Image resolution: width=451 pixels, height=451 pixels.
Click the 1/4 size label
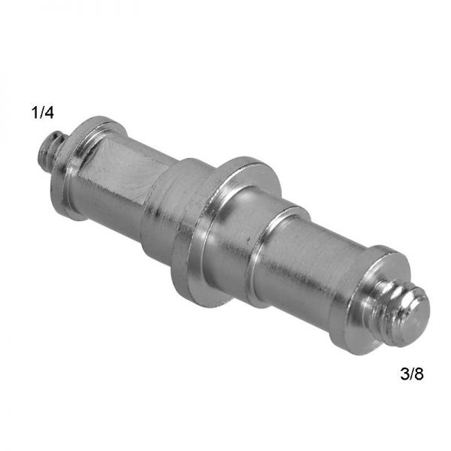click(x=43, y=113)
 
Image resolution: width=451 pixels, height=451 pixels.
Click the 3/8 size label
click(x=412, y=374)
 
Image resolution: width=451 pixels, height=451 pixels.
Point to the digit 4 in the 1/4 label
click(x=49, y=113)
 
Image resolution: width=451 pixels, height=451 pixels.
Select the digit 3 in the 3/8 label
click(x=404, y=374)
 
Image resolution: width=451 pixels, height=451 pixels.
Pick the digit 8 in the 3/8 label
click(x=419, y=374)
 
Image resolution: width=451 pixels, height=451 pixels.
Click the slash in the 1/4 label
click(x=41, y=113)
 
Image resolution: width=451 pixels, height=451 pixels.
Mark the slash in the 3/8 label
click(x=412, y=374)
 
